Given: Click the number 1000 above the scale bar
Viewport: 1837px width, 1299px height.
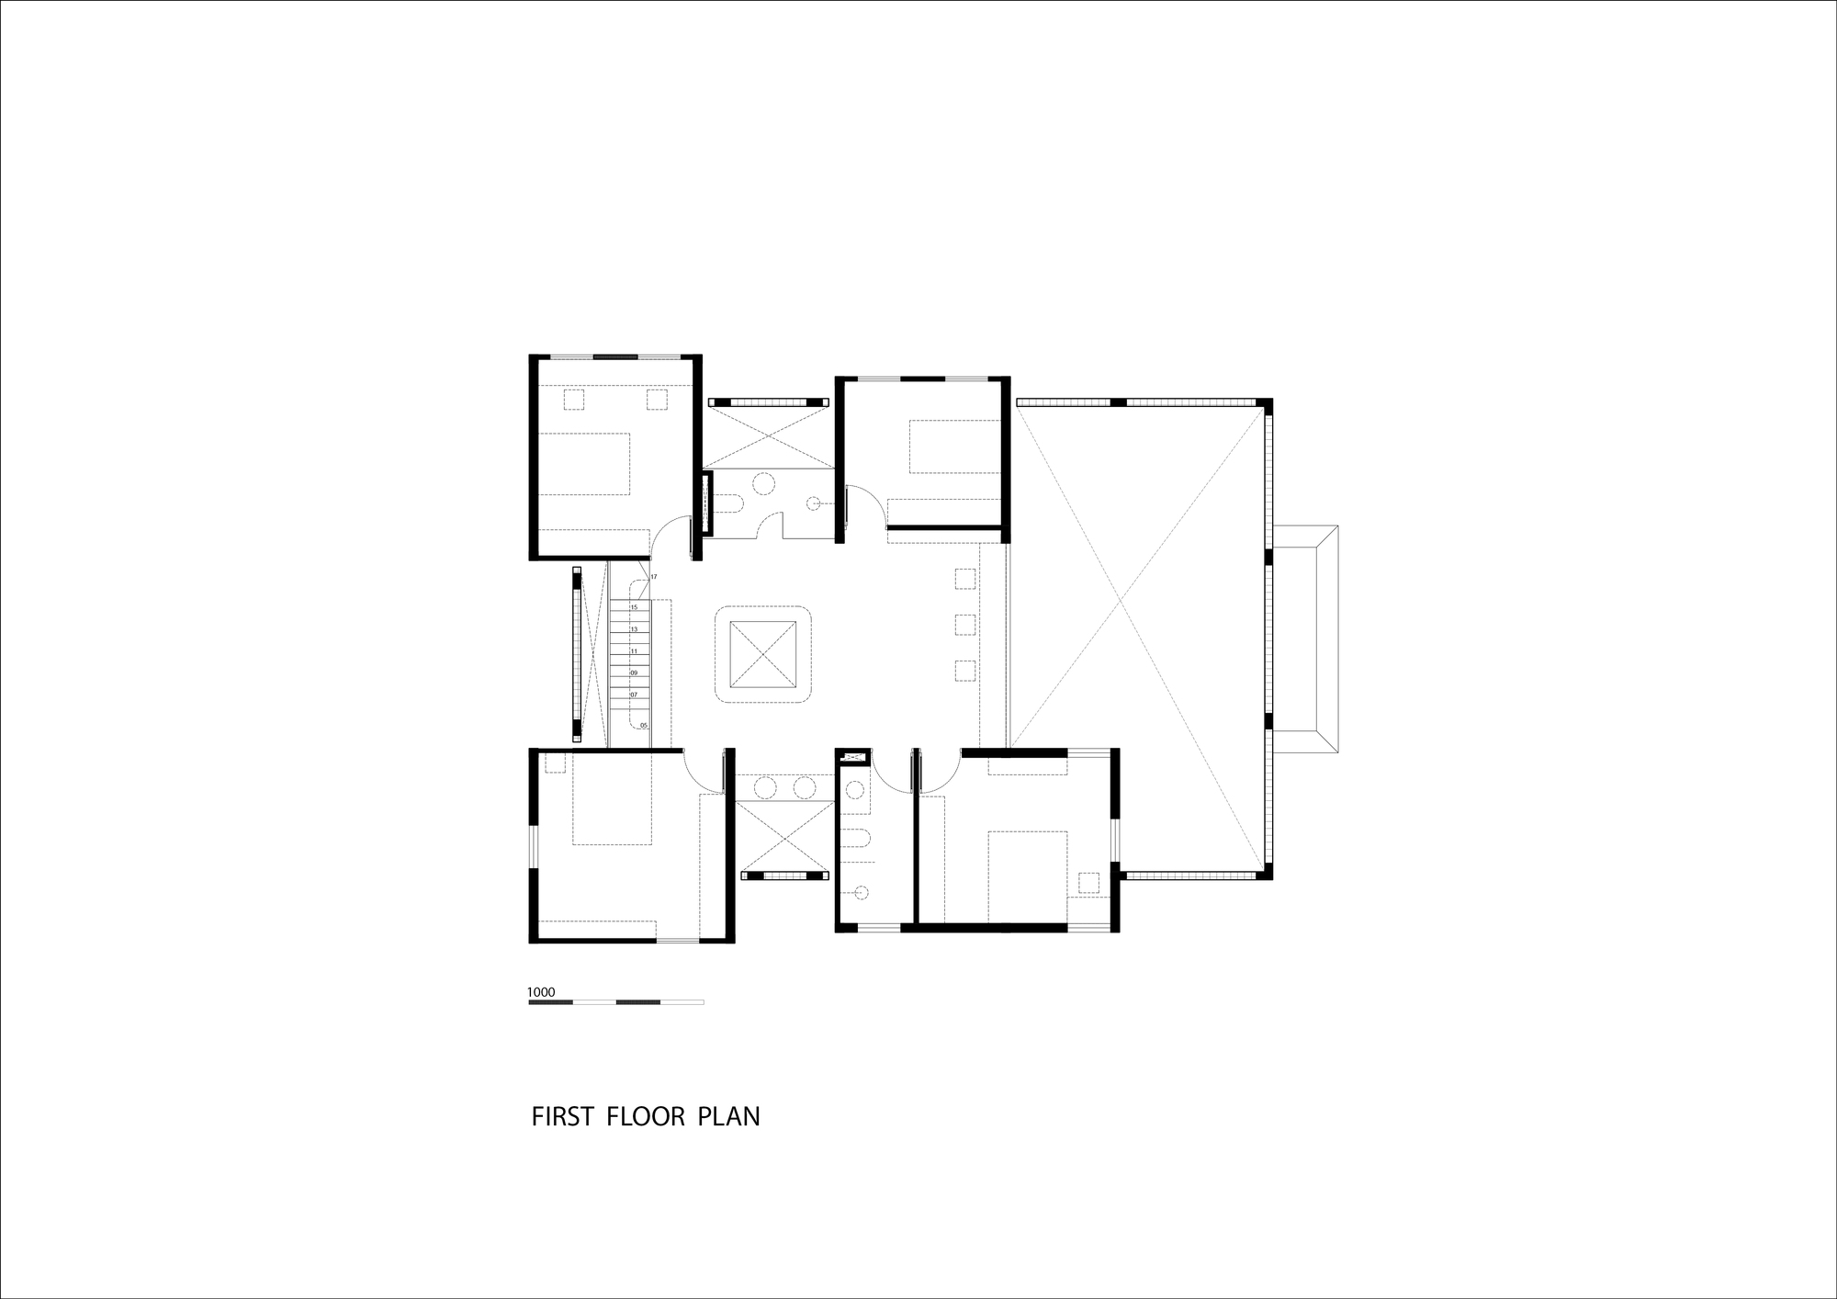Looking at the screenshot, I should [541, 992].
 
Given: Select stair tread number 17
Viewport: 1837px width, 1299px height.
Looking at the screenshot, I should [653, 577].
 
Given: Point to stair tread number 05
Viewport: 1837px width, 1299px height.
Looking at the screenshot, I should [643, 726].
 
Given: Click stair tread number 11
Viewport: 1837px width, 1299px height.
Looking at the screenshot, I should [634, 651].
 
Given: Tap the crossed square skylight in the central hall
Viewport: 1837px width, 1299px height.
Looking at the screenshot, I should [762, 654].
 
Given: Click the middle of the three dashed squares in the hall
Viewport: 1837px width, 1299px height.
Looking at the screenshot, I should [964, 625].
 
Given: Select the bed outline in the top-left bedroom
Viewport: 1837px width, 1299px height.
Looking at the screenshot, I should [583, 464].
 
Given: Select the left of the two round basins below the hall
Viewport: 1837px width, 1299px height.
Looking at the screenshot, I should [764, 787].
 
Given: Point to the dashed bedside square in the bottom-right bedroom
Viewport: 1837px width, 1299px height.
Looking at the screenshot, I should [1089, 882].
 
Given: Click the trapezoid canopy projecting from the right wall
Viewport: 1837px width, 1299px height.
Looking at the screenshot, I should [1304, 640].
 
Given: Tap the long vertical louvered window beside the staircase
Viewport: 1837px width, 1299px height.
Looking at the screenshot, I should [577, 654].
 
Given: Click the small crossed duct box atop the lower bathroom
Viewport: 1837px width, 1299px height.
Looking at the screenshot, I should [854, 757].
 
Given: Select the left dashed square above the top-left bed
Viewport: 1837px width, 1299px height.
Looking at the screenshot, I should [573, 400].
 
